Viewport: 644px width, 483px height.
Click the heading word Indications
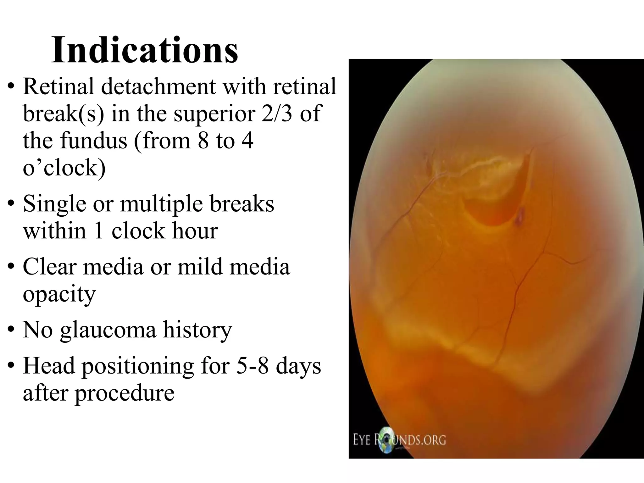click(145, 50)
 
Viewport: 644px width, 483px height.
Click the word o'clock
click(64, 168)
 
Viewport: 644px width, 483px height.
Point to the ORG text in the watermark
click(436, 440)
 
